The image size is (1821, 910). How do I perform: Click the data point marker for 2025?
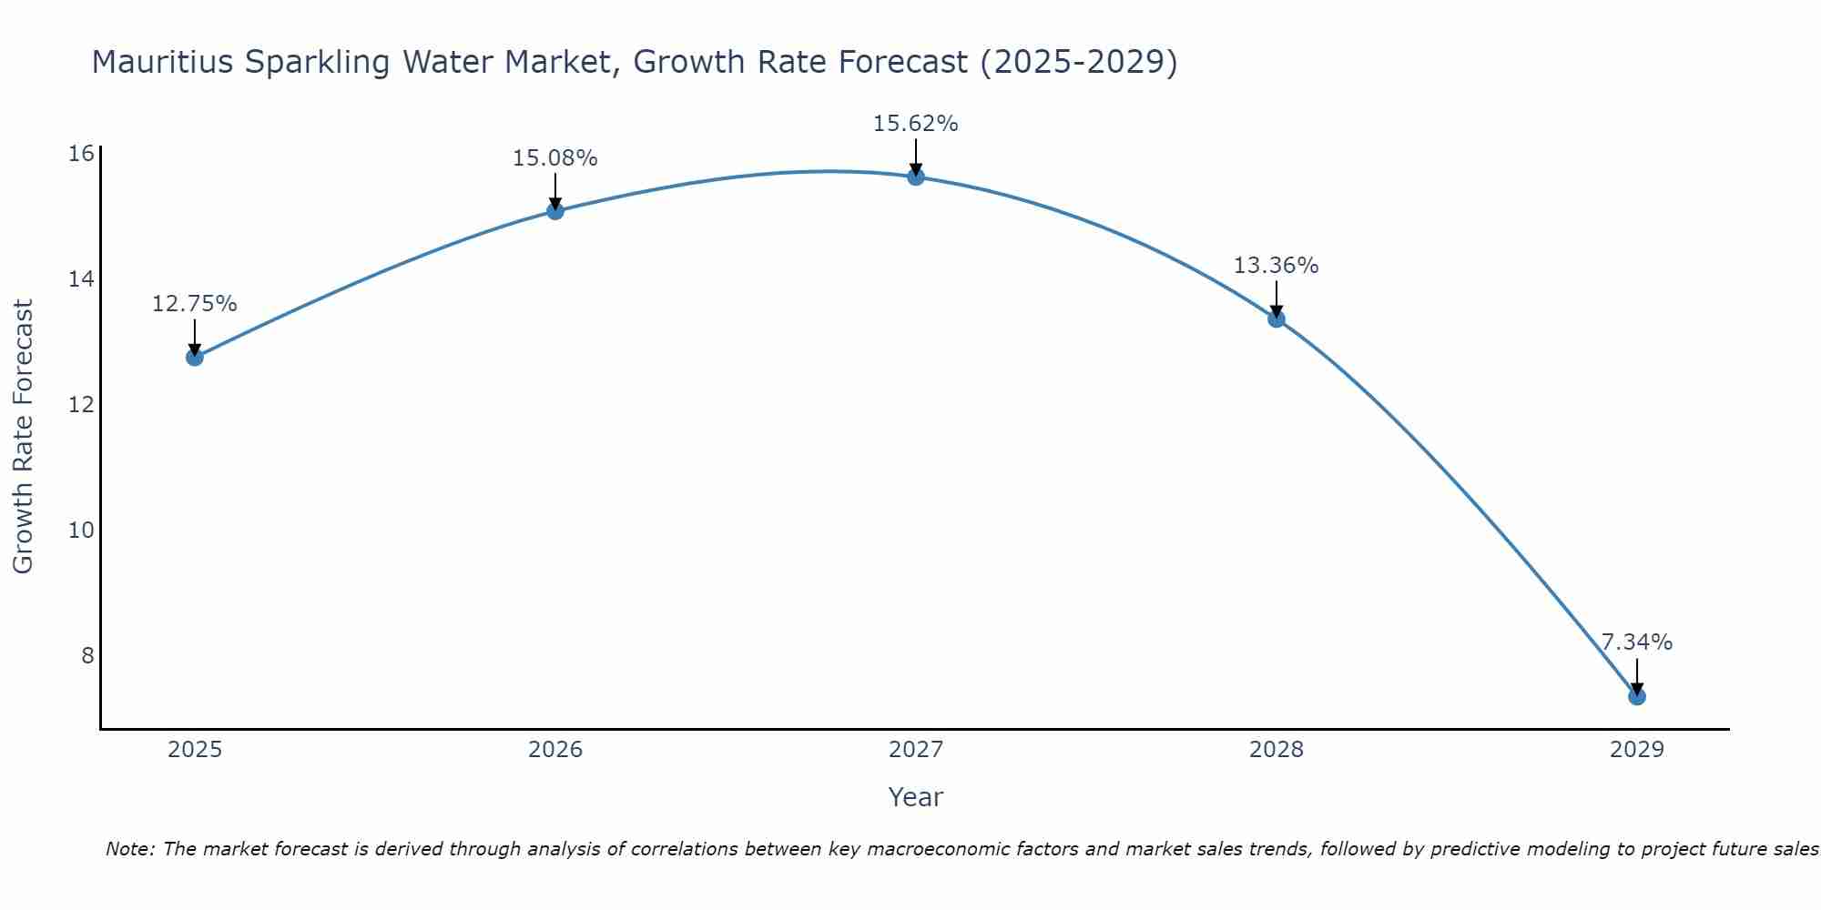click(195, 357)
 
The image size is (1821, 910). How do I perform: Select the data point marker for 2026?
click(555, 211)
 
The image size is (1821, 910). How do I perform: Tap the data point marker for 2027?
click(916, 177)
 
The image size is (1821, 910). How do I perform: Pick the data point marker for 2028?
click(1277, 318)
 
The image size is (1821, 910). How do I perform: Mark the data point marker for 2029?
click(1636, 696)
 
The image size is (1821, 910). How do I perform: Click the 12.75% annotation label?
click(195, 304)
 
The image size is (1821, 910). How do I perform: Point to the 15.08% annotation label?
click(555, 158)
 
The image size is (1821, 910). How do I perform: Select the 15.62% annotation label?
click(916, 124)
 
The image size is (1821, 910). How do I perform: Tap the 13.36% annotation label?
click(1277, 266)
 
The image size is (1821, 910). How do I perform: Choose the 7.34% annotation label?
click(1636, 642)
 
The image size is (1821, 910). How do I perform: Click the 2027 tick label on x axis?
click(916, 750)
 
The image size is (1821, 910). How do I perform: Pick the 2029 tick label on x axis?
click(1636, 750)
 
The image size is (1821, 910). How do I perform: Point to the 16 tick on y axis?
click(81, 153)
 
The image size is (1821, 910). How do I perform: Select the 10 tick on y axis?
click(81, 530)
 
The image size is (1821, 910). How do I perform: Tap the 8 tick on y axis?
click(87, 655)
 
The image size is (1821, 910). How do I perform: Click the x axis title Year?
click(916, 797)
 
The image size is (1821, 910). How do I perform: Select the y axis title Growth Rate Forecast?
click(23, 437)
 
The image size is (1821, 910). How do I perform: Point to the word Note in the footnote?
click(129, 849)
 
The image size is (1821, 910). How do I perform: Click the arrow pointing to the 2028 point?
click(1277, 298)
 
